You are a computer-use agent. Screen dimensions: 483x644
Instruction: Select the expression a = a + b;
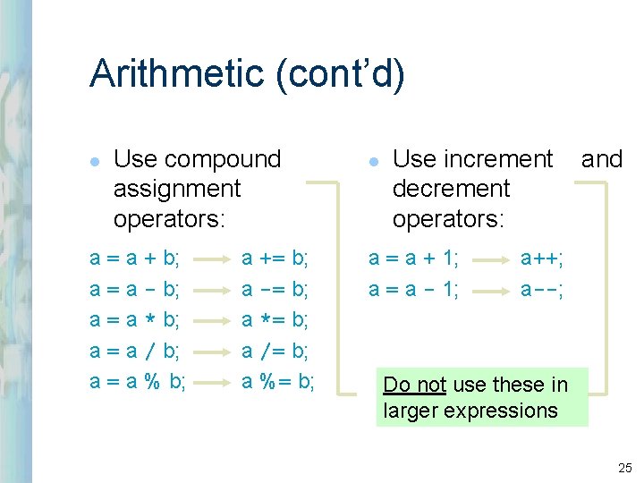click(135, 259)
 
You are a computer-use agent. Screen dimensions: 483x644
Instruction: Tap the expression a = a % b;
click(139, 382)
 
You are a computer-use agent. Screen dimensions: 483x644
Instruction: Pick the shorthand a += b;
click(275, 259)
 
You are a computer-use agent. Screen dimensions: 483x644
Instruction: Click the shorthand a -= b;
click(275, 290)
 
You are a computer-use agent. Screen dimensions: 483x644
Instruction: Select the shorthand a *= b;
click(275, 320)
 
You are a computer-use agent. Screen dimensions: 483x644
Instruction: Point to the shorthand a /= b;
click(275, 352)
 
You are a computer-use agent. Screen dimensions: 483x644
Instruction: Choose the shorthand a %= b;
click(278, 382)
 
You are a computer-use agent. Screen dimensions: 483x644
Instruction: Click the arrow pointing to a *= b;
click(212, 321)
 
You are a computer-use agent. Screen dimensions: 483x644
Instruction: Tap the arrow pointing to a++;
click(490, 260)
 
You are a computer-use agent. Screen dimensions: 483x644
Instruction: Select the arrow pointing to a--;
click(490, 291)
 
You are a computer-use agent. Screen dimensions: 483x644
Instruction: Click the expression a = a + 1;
click(414, 259)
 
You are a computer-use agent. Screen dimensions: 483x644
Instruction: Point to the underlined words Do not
click(414, 385)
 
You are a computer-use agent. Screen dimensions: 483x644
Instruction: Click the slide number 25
click(623, 468)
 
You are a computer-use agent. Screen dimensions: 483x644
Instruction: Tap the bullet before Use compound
click(95, 161)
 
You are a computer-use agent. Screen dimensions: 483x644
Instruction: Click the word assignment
click(177, 189)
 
